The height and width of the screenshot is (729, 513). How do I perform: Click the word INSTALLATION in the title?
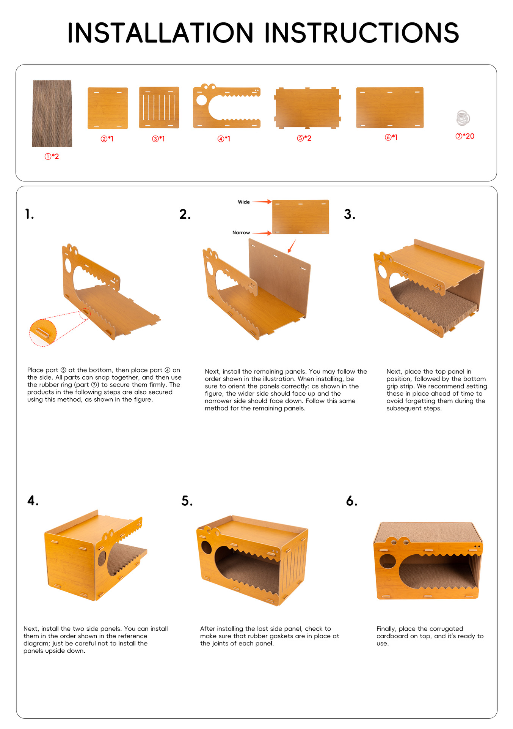160,33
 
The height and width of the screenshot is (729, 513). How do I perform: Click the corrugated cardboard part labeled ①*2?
52,113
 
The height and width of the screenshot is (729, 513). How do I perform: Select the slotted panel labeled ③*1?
159,107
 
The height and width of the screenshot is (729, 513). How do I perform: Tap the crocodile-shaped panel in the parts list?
227,106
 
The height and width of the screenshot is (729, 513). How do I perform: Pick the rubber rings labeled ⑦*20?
463,118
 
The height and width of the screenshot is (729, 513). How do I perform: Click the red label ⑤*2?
304,138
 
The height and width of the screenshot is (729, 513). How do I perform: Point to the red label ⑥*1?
391,137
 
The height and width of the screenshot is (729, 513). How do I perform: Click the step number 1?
30,214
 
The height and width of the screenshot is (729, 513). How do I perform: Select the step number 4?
33,501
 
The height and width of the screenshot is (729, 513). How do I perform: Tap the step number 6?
351,501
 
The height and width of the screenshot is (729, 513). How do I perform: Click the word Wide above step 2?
244,202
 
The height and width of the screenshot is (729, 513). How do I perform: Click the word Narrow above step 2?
241,233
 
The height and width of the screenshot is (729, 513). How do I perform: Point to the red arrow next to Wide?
262,202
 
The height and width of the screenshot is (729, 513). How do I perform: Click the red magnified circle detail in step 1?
43,333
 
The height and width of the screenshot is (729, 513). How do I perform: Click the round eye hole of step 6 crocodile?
387,561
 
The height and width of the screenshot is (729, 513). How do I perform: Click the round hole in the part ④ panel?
202,100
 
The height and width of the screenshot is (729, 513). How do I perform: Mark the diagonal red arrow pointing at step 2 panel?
292,246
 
